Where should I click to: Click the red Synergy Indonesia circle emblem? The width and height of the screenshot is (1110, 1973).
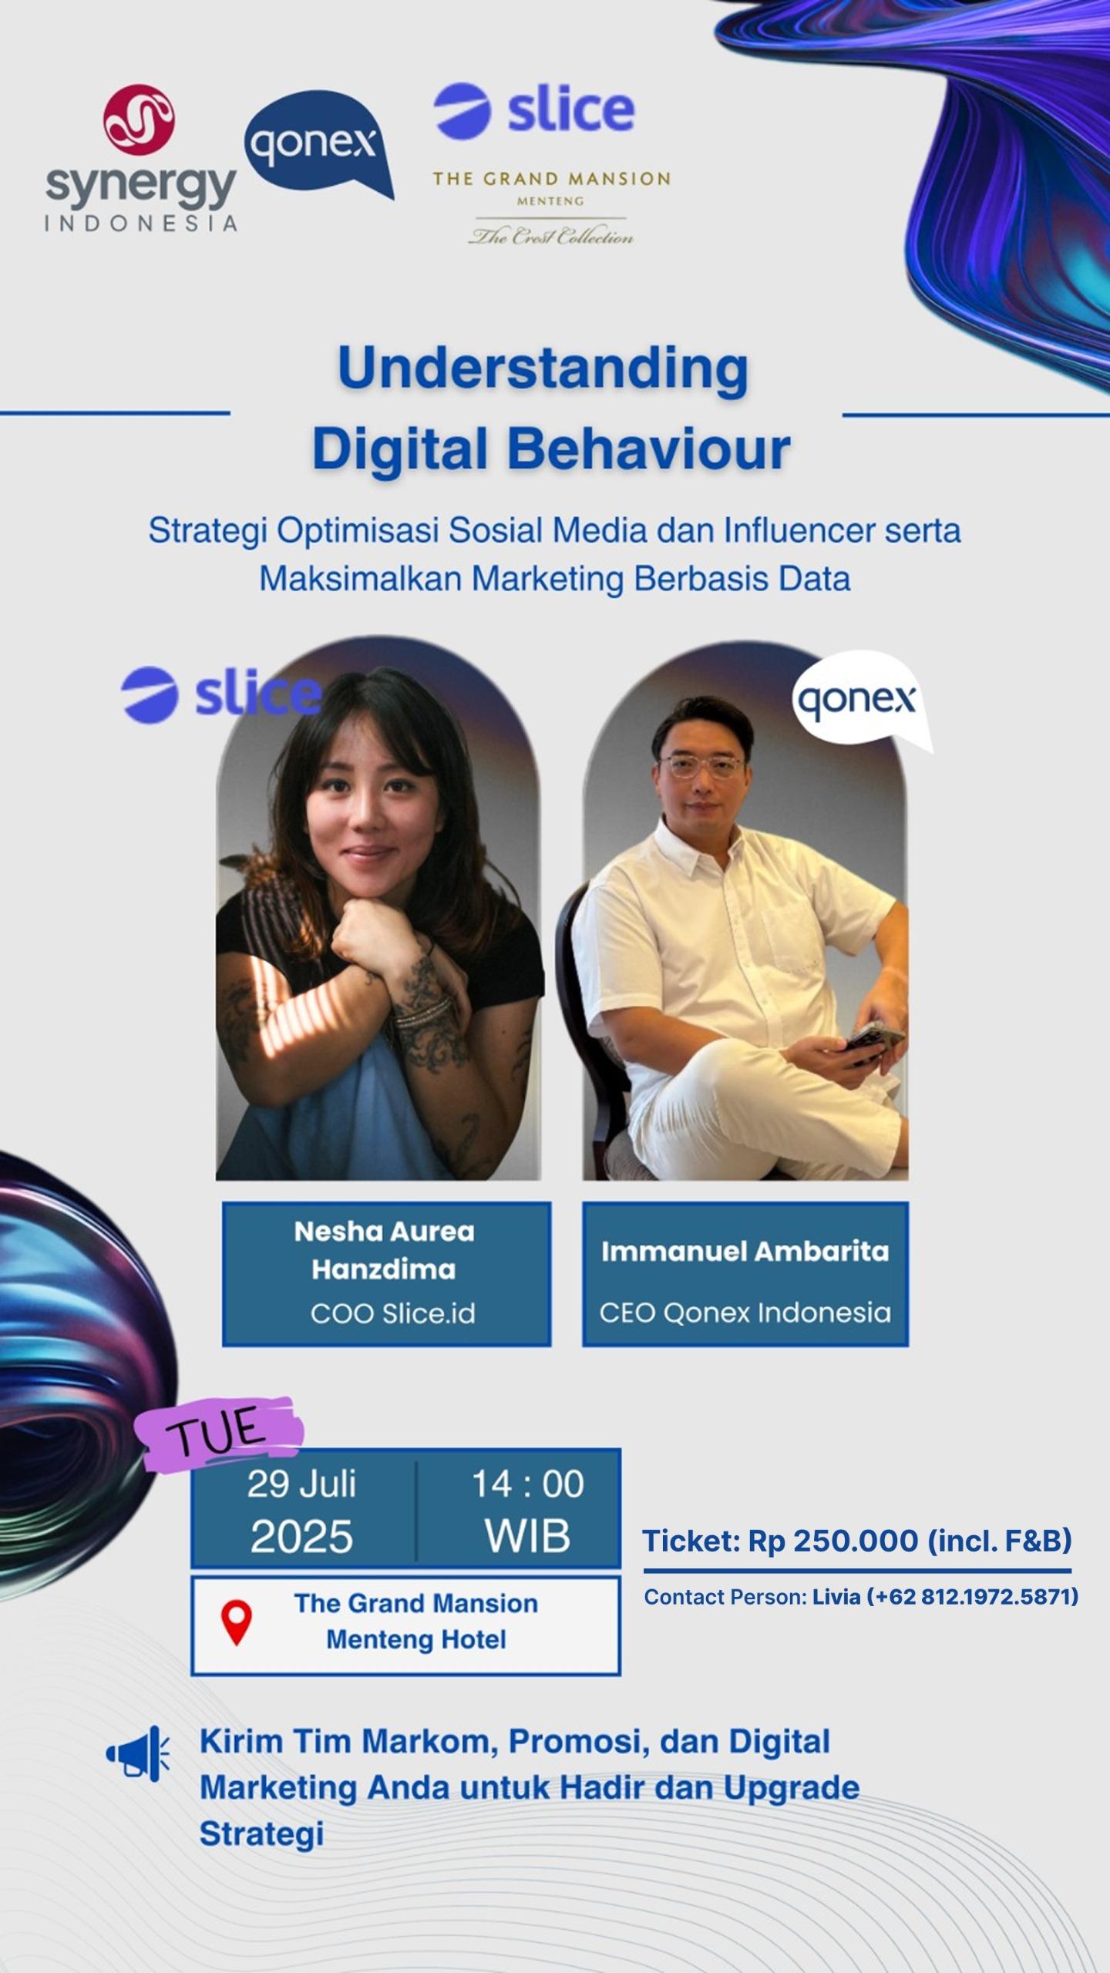(x=139, y=119)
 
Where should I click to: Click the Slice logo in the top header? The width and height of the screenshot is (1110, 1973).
(x=533, y=111)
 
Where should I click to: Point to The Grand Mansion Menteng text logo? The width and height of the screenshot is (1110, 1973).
(x=551, y=207)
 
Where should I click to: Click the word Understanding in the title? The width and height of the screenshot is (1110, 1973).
(x=543, y=368)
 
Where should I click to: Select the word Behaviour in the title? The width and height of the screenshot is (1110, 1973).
(x=648, y=449)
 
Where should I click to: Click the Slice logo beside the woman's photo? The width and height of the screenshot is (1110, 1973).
(x=220, y=694)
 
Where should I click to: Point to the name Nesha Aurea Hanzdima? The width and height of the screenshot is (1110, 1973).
(x=384, y=1250)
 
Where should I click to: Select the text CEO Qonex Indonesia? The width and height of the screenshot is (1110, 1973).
(x=745, y=1312)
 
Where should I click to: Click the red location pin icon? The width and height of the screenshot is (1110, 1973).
(x=237, y=1621)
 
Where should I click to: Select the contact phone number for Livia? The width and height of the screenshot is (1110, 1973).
(x=973, y=1596)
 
